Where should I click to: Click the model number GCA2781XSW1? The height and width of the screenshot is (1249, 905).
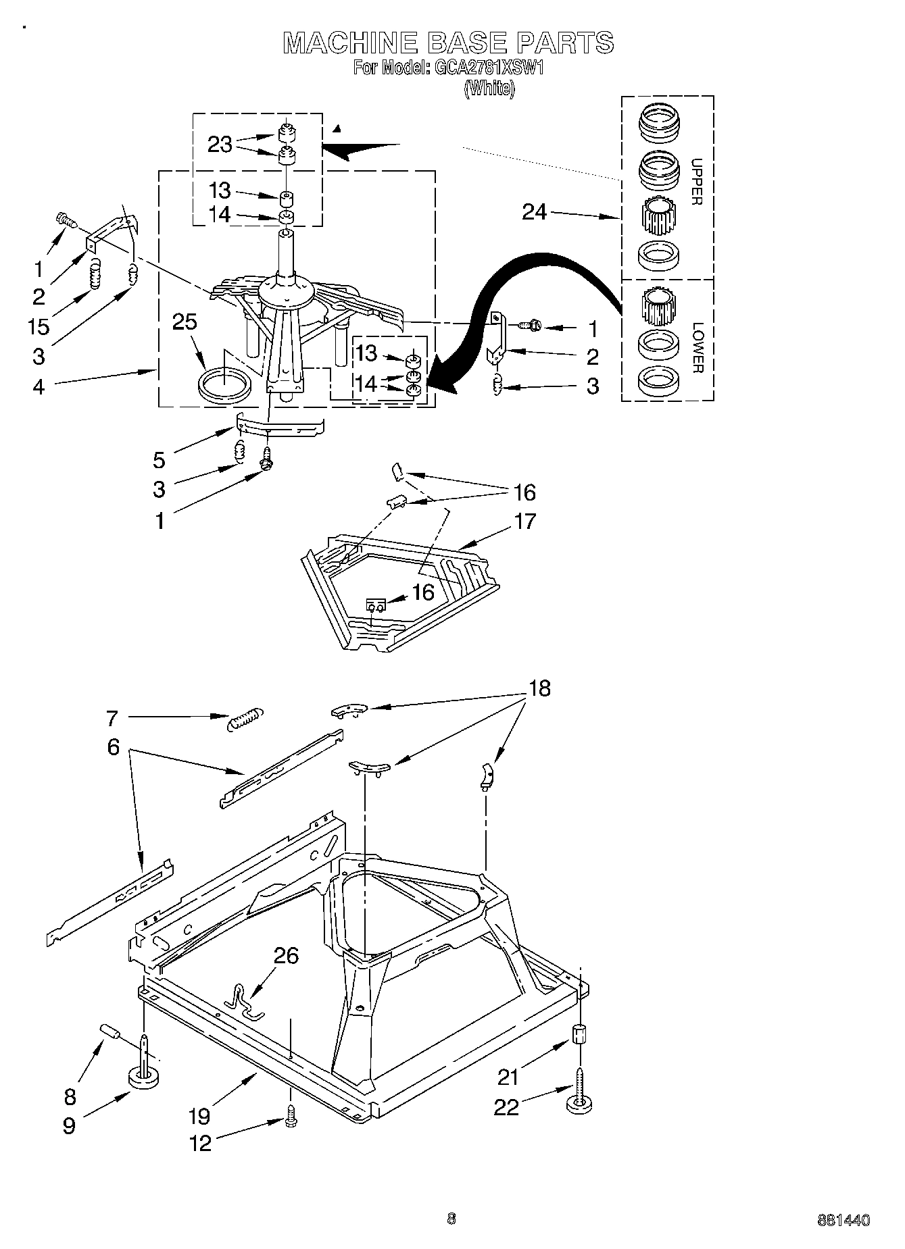(x=487, y=68)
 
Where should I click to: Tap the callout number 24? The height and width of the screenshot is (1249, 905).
(x=534, y=212)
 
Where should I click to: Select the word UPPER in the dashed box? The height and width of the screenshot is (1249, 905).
(x=697, y=182)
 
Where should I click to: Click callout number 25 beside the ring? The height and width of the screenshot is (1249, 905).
(x=184, y=322)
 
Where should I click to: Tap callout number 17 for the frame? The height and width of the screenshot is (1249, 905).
(x=524, y=521)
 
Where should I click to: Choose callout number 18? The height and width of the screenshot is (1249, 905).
(x=539, y=688)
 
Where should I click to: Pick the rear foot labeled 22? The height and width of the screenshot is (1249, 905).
(x=580, y=1100)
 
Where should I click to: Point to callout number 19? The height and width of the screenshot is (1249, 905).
(x=199, y=1116)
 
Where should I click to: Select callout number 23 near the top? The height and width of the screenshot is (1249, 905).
(x=220, y=144)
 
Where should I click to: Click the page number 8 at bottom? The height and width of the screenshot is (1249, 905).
(x=451, y=1219)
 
